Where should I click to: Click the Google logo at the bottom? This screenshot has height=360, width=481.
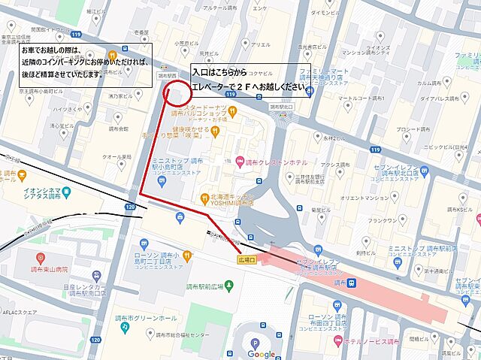tap(262, 354)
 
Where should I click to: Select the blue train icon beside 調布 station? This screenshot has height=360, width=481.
tap(351, 283)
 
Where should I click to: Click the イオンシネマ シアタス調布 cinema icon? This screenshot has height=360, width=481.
tap(65, 192)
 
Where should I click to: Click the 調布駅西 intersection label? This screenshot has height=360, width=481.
tap(167, 75)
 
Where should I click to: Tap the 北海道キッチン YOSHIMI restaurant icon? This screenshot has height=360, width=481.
tap(204, 198)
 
